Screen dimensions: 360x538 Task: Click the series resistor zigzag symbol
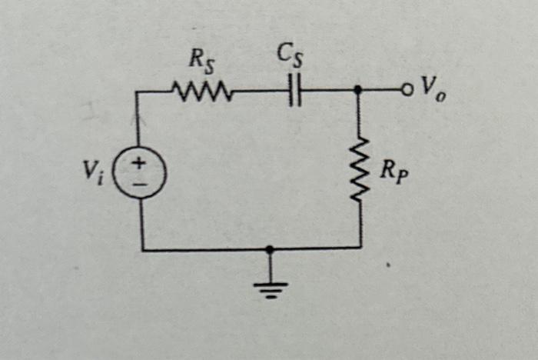pyautogui.click(x=201, y=93)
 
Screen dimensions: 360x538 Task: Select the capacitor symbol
pyautogui.click(x=295, y=91)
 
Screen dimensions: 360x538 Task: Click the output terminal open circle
pyautogui.click(x=407, y=90)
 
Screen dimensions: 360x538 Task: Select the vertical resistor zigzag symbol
pyautogui.click(x=358, y=170)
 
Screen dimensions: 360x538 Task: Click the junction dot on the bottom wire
pyautogui.click(x=269, y=249)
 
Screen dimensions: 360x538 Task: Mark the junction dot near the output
pyautogui.click(x=358, y=90)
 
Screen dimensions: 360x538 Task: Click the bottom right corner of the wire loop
pyautogui.click(x=360, y=248)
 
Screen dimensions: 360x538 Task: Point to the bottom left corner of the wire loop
pyautogui.click(x=142, y=249)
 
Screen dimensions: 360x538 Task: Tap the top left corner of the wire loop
pyautogui.click(x=138, y=93)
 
